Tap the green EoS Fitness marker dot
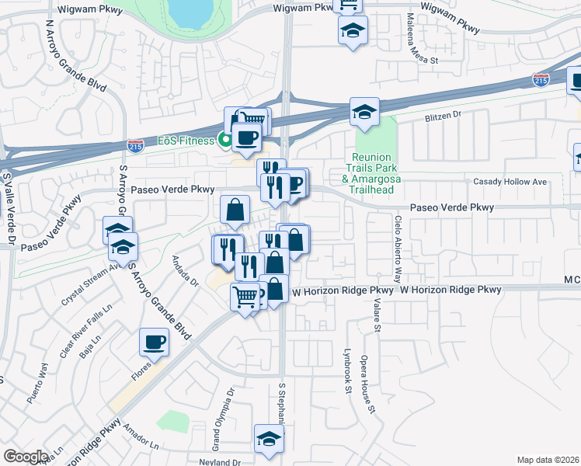point(224,141)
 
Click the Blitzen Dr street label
point(443,114)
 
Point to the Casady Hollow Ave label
point(510,182)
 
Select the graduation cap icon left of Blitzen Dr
point(363,111)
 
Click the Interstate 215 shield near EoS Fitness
point(134,144)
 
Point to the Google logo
point(26,457)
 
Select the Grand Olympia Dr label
point(217,424)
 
